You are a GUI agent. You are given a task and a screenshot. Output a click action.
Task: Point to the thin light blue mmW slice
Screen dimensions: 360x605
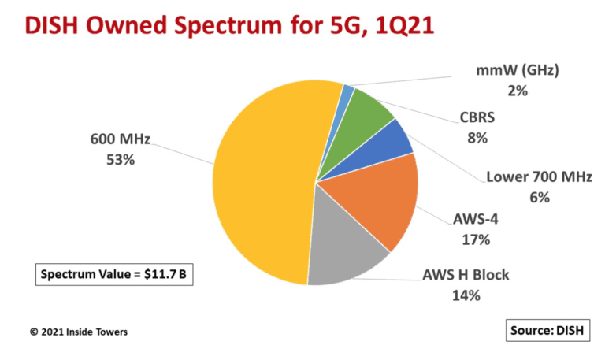pos(347,94)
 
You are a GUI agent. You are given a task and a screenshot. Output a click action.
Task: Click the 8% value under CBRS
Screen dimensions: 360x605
pos(477,139)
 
